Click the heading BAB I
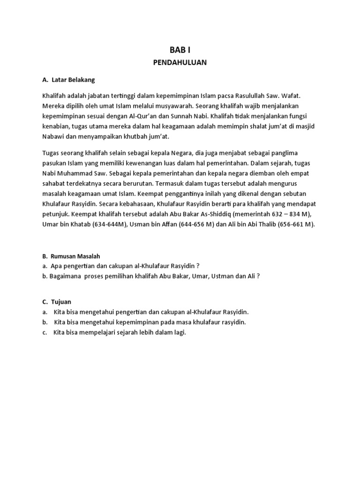[180, 49]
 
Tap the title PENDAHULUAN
[180, 62]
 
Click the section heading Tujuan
[61, 301]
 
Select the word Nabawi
[53, 137]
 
